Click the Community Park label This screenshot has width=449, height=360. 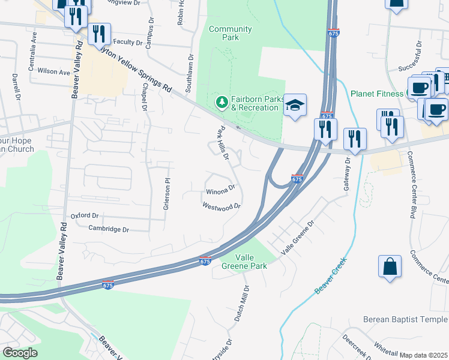point(230,33)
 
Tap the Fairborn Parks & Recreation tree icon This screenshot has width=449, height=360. point(222,103)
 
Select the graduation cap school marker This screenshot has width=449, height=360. point(295,106)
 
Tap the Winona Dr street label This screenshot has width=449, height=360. point(220,192)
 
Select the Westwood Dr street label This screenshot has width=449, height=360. point(221,206)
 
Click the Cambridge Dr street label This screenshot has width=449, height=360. point(109,229)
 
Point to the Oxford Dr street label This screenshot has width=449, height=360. point(85,215)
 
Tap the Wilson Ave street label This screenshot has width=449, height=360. point(54,71)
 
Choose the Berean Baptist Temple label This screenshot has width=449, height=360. point(405,319)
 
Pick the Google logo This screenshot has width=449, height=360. point(20,353)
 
